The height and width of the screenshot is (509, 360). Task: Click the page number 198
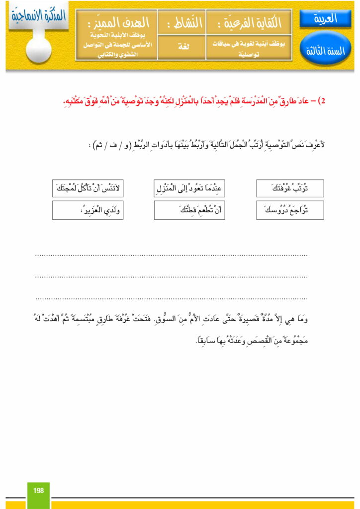38,491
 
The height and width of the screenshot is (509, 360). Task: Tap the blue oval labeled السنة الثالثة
325,51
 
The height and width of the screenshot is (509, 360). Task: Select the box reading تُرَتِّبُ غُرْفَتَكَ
290,189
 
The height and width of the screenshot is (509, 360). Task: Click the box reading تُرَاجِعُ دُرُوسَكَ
290,210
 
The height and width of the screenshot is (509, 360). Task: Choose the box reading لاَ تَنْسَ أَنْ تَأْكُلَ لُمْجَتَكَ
88,189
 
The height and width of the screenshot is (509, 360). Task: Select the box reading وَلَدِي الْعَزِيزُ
88,210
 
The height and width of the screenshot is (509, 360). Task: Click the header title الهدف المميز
116,22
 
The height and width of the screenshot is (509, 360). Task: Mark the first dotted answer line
172,254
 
